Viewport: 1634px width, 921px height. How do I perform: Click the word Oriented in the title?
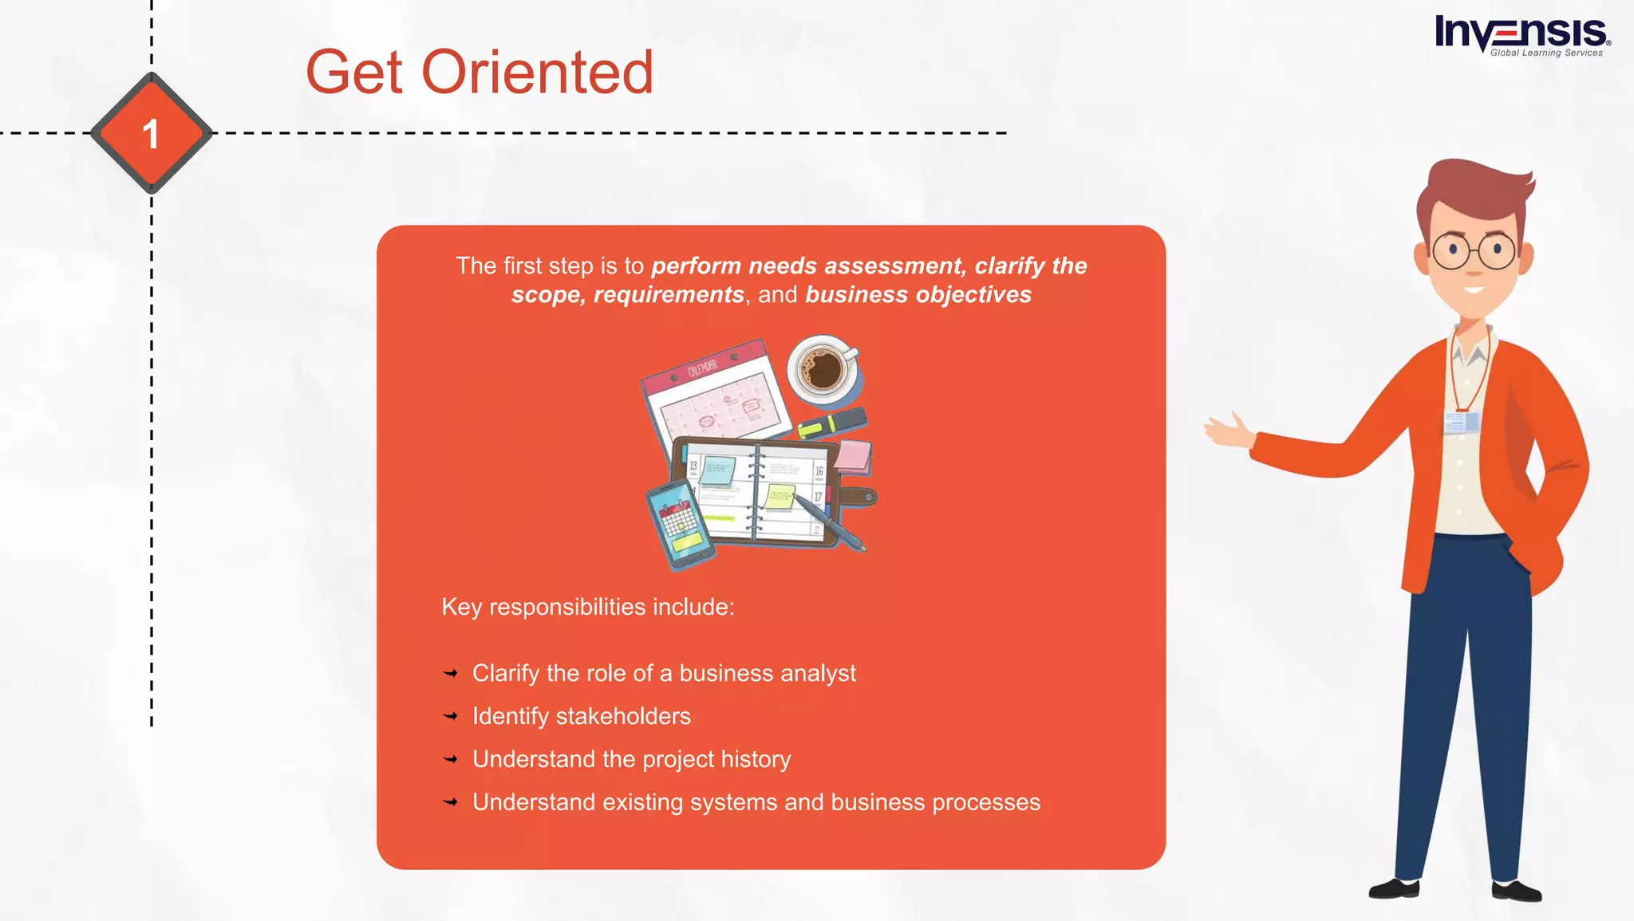537,73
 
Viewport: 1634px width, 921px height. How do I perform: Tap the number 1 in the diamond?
151,134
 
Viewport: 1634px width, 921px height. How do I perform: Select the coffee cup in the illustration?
823,370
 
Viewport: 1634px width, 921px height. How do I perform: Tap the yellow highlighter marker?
831,423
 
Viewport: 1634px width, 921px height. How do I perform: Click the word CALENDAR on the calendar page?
702,368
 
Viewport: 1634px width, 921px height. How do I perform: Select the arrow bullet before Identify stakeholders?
451,716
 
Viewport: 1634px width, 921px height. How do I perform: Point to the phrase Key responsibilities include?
587,607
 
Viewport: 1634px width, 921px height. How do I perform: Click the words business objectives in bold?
918,295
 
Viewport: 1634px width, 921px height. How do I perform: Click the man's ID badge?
1462,422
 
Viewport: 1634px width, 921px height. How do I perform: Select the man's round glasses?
1473,251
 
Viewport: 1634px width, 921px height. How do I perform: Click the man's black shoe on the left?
1395,888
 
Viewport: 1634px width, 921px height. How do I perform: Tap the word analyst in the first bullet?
818,674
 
